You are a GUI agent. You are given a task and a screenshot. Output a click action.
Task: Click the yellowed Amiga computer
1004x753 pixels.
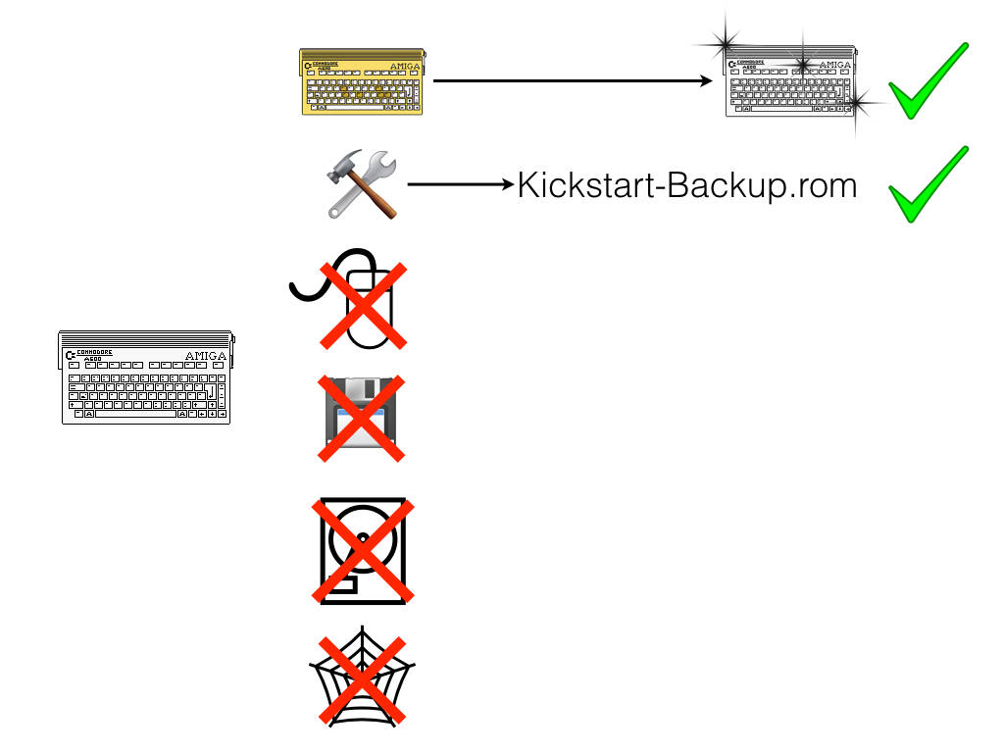tap(364, 82)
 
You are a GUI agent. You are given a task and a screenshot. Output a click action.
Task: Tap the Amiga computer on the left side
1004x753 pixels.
tap(145, 376)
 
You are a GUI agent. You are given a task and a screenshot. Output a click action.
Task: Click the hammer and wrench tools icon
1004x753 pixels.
tap(360, 186)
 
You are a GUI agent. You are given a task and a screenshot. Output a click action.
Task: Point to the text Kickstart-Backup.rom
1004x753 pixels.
tap(686, 185)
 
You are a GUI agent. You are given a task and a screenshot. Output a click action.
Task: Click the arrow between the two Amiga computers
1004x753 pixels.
tap(574, 82)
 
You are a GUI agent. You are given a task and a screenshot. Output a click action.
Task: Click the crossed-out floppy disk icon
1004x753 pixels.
tap(360, 417)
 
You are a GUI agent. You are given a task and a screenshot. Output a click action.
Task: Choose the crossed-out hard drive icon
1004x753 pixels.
tap(360, 550)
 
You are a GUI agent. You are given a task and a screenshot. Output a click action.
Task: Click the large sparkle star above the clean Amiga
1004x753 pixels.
tap(726, 42)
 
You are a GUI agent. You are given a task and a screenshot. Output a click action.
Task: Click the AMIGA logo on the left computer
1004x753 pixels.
tap(205, 356)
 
